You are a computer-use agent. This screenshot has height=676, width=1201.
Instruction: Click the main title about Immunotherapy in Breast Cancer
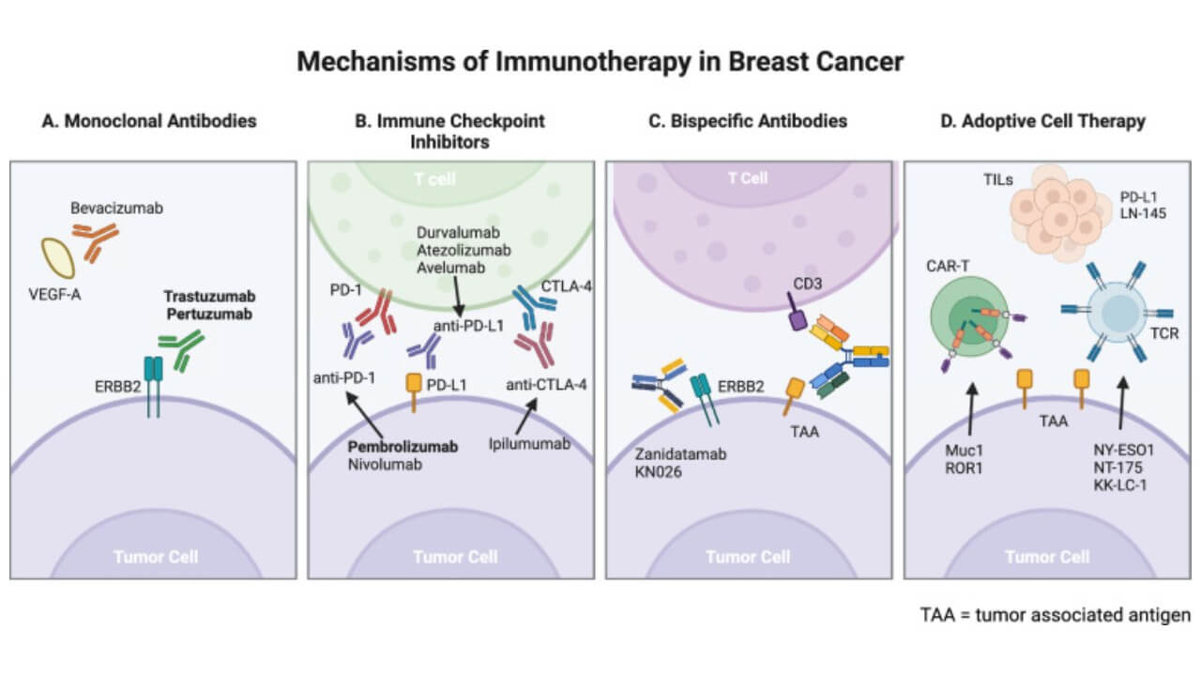[600, 62]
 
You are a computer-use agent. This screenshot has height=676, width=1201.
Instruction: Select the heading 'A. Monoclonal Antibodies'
[149, 121]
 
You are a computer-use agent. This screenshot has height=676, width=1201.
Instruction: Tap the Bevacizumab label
[116, 208]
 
